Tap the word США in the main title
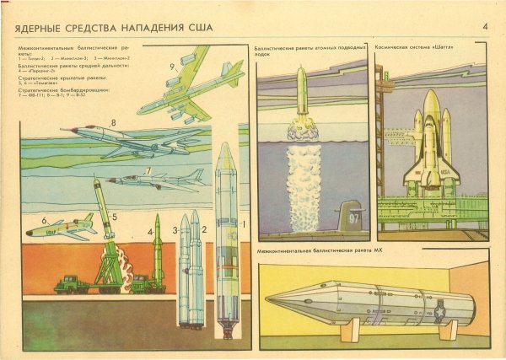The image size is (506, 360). pos(200,29)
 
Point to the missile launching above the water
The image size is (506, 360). pos(301,92)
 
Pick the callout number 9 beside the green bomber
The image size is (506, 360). pos(171,66)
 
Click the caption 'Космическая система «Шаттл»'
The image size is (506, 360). pos(411,49)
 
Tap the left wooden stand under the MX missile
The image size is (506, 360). pos(351,329)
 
